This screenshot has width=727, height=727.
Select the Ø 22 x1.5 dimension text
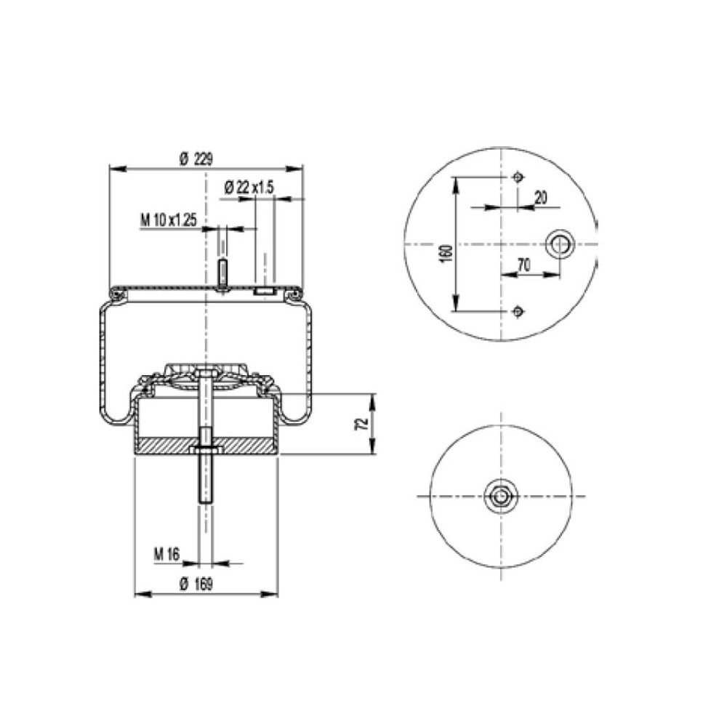249,188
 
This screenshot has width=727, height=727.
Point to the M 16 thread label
166,554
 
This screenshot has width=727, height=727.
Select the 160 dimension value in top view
446,252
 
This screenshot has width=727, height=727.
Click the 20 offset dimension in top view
540,198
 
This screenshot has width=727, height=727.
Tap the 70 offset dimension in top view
522,266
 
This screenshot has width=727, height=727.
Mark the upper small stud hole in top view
517,177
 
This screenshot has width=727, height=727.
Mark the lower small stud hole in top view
517,312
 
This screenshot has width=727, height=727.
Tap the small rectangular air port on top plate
264,292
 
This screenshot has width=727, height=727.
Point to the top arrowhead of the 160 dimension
457,182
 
